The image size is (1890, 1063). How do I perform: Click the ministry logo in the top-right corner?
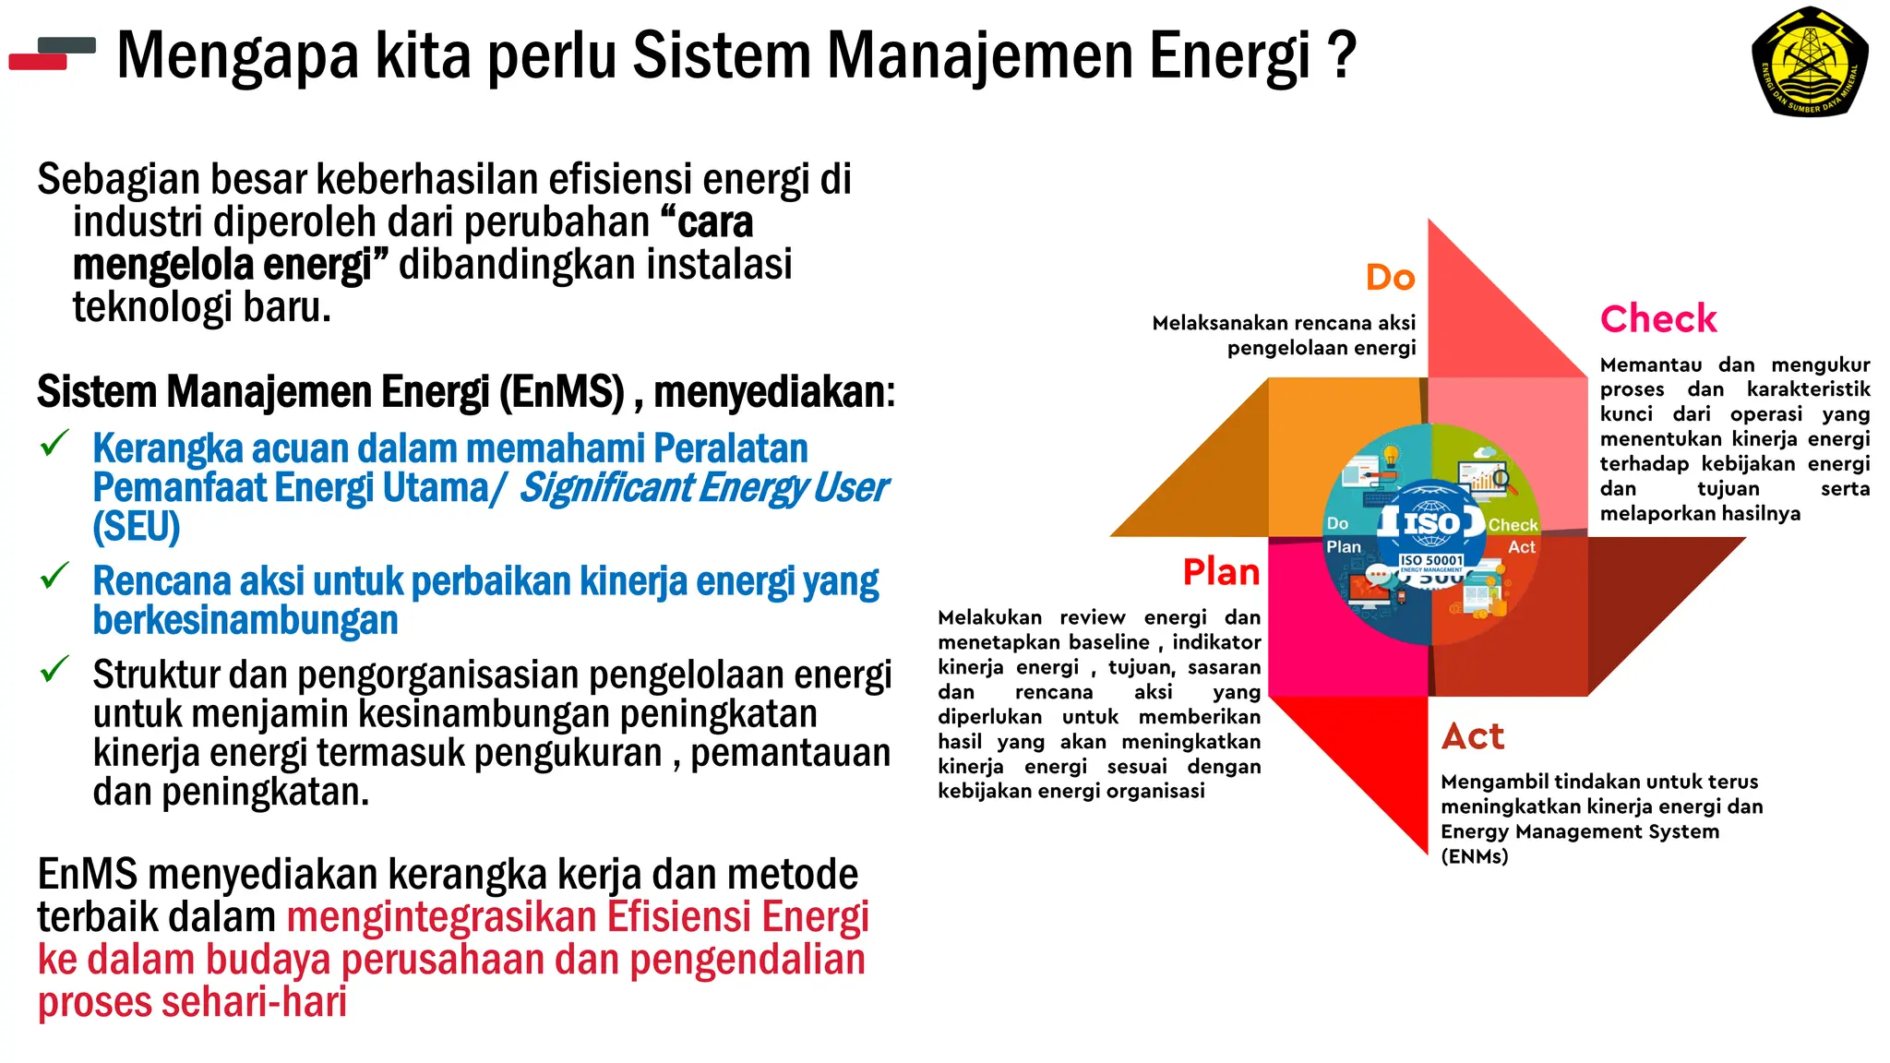[x=1809, y=63]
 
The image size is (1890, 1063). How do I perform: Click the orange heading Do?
[x=1390, y=278]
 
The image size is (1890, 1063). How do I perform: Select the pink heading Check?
[x=1658, y=319]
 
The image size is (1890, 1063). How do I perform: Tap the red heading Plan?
[x=1221, y=573]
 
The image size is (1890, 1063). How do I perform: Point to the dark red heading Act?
[x=1473, y=737]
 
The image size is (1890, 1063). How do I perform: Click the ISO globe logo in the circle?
[x=1431, y=522]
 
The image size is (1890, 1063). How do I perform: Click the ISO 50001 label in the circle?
[x=1431, y=560]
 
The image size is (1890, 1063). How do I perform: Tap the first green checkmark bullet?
[x=55, y=444]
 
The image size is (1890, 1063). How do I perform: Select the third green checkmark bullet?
[x=55, y=669]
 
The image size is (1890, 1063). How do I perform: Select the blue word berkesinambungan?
[x=245, y=621]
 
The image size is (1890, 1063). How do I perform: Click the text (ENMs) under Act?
[x=1474, y=856]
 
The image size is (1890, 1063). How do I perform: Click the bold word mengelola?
[x=162, y=266]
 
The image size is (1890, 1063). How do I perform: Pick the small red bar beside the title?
[x=38, y=63]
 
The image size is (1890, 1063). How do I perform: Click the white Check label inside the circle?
[x=1513, y=525]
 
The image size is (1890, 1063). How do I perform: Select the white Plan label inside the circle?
[x=1344, y=547]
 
